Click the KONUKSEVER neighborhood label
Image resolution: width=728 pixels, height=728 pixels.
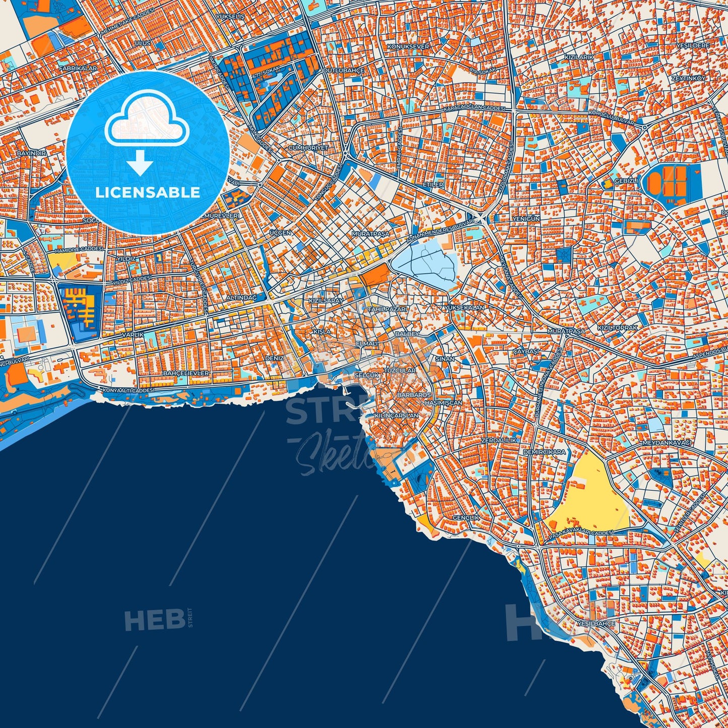click(x=408, y=47)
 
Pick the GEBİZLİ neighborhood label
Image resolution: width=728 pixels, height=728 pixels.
click(x=626, y=181)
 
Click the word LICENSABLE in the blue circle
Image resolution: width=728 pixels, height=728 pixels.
click(x=148, y=192)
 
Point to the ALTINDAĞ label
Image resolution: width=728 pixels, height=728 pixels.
click(x=241, y=298)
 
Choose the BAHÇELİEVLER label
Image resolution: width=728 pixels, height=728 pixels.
click(x=186, y=373)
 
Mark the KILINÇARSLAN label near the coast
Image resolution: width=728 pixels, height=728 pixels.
click(x=397, y=416)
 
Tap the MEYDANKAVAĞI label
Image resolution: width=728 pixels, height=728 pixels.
click(x=667, y=443)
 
